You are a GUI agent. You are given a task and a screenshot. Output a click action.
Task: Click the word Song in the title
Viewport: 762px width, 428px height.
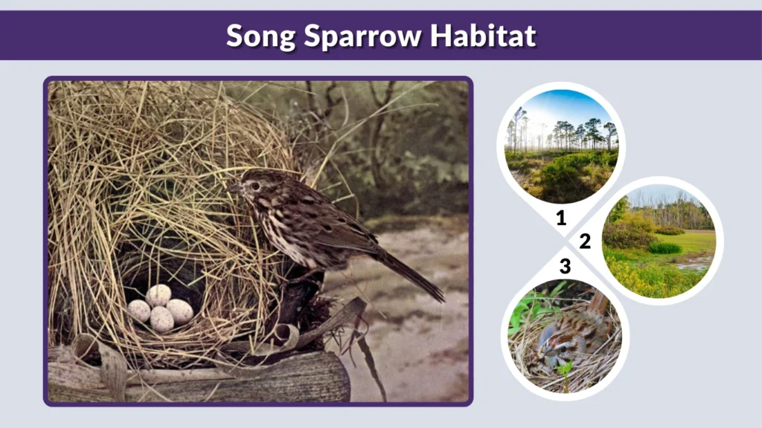click(x=260, y=35)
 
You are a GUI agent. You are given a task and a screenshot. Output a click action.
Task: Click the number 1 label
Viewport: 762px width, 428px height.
click(x=561, y=218)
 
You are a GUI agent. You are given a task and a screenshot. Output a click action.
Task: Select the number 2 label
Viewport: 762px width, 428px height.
click(x=585, y=241)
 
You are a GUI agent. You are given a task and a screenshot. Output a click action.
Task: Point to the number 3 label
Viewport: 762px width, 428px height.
click(x=565, y=266)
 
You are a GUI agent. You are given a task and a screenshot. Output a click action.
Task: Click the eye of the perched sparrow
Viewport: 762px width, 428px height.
click(x=255, y=186)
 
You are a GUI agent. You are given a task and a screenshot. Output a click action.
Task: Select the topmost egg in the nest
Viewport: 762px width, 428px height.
click(x=158, y=295)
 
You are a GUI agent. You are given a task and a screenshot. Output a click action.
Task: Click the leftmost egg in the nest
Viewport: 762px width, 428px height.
click(x=139, y=310)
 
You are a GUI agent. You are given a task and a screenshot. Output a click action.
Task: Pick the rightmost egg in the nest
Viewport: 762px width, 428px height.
click(x=179, y=311)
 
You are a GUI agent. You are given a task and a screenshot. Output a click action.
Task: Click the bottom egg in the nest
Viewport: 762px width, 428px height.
click(x=161, y=320)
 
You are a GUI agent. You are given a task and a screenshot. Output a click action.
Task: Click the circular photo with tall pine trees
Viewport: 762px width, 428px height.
click(x=561, y=146)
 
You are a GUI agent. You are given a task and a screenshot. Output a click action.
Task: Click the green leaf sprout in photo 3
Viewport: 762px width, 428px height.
click(x=565, y=369)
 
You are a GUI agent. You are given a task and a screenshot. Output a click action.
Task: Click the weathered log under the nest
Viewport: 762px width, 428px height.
click(x=223, y=379)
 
